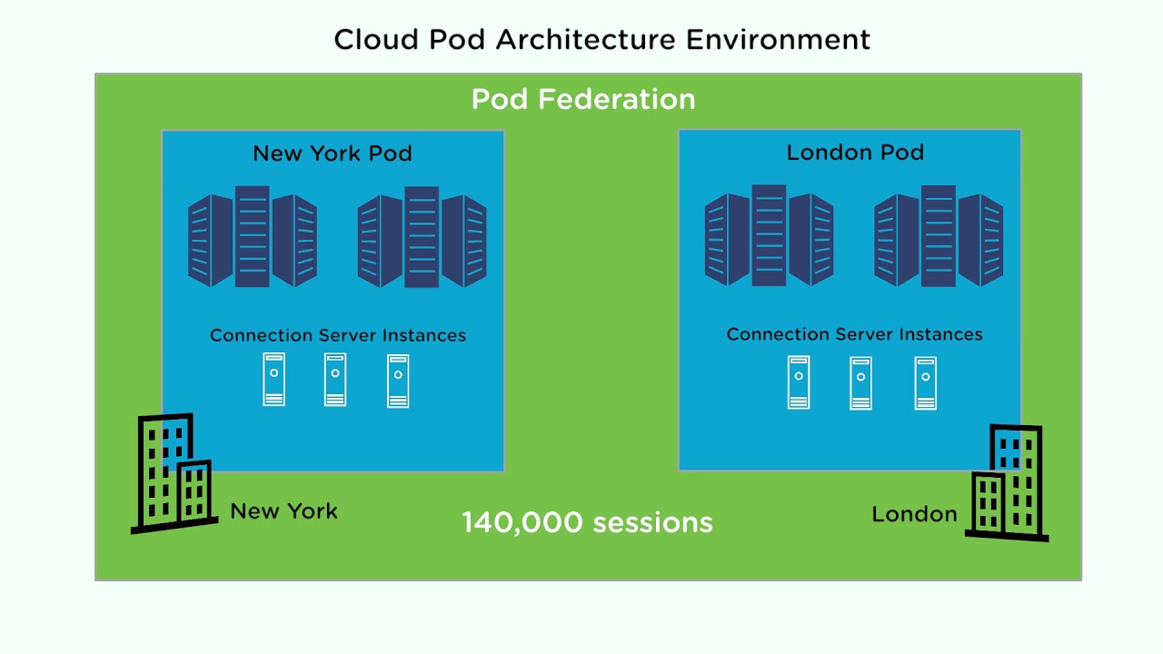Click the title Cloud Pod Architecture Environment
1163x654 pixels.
(601, 39)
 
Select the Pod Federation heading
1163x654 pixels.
(583, 99)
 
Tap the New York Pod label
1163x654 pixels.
(333, 154)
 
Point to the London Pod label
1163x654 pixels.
(855, 152)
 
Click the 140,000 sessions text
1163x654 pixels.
(587, 522)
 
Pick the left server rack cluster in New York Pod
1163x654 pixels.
(253, 237)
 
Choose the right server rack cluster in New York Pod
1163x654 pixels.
(422, 237)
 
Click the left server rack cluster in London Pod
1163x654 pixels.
(769, 235)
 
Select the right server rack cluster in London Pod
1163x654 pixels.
(939, 235)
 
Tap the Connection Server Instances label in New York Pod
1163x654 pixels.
(337, 335)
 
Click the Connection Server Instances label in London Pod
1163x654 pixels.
(854, 334)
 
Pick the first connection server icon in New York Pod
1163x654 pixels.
(273, 380)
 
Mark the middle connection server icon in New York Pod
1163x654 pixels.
(335, 380)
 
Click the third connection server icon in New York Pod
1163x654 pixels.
(398, 381)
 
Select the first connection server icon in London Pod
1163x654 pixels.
(799, 382)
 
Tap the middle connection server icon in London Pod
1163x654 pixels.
(860, 383)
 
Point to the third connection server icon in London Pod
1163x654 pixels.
(925, 383)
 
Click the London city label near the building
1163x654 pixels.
(914, 514)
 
